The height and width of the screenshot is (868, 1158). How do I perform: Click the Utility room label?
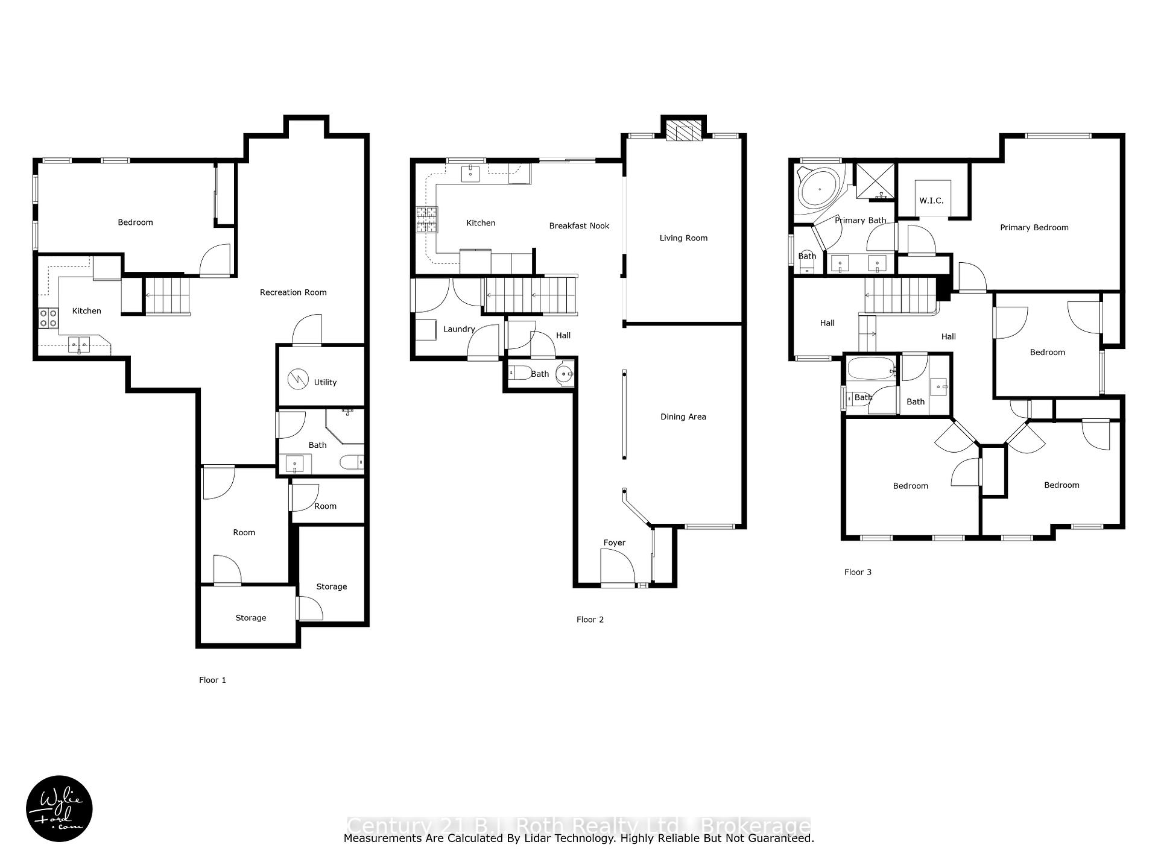pyautogui.click(x=325, y=382)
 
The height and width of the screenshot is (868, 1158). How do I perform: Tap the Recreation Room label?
pyautogui.click(x=293, y=292)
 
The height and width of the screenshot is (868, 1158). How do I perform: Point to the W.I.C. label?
pyautogui.click(x=931, y=201)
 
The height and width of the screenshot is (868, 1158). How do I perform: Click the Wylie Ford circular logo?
pyautogui.click(x=59, y=808)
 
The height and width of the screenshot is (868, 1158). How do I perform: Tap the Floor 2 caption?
pyautogui.click(x=590, y=620)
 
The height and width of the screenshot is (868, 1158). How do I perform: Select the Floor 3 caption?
pyautogui.click(x=858, y=572)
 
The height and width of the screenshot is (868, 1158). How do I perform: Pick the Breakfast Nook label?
pyautogui.click(x=579, y=226)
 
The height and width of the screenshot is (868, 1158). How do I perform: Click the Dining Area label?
pyautogui.click(x=683, y=417)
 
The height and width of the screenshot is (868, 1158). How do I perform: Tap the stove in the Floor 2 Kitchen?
pyautogui.click(x=426, y=219)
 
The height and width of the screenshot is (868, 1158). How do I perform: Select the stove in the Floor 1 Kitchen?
pyautogui.click(x=48, y=318)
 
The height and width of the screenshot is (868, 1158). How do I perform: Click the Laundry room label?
pyautogui.click(x=459, y=329)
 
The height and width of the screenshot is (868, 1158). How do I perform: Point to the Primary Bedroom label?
pyautogui.click(x=1034, y=228)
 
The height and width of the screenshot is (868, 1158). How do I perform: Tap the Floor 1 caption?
pyautogui.click(x=212, y=680)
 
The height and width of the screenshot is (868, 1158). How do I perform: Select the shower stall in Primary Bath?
pyautogui.click(x=874, y=181)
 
